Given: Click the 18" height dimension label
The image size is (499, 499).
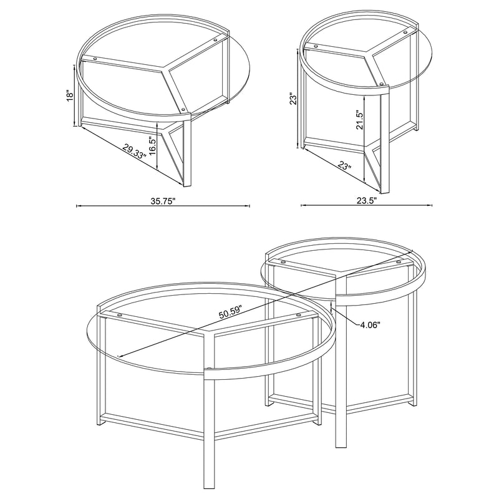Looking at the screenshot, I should [71, 95].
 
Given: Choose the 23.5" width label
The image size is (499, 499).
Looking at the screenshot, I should [367, 201].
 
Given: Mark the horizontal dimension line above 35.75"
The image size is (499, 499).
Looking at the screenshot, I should [162, 205].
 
